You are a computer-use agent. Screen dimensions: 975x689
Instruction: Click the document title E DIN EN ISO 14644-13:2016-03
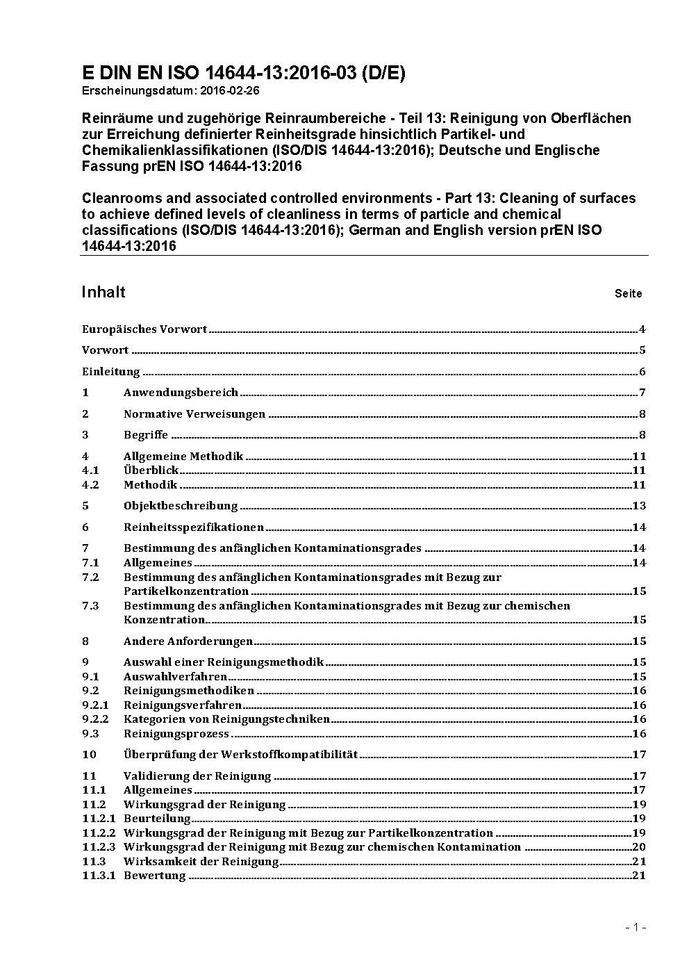(x=243, y=73)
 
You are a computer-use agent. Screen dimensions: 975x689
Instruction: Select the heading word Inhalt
(x=103, y=292)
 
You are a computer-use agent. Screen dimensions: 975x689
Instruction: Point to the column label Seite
(x=628, y=293)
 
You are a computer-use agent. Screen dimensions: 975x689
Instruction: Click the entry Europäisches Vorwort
(x=144, y=329)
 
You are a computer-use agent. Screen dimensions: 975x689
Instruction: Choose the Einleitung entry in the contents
(x=111, y=372)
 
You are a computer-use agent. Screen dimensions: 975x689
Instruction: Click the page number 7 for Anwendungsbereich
(x=642, y=393)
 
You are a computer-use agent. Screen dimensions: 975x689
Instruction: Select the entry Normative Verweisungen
(x=194, y=414)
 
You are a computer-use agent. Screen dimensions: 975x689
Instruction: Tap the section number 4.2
(x=90, y=485)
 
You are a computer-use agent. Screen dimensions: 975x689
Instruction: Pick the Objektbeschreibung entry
(x=181, y=506)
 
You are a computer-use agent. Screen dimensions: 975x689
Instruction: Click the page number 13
(x=639, y=506)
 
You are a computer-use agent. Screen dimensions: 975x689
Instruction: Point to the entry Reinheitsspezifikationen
(x=194, y=527)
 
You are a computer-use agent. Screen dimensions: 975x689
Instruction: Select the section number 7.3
(x=90, y=606)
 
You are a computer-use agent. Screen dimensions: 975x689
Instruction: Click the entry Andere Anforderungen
(x=188, y=641)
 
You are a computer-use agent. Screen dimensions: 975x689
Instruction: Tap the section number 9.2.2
(x=95, y=719)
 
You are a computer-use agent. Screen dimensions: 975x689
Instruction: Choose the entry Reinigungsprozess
(x=176, y=734)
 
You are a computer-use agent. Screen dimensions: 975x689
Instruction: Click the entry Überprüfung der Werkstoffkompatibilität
(x=240, y=755)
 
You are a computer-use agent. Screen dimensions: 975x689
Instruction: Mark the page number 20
(x=639, y=847)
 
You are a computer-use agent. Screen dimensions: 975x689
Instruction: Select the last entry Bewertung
(x=154, y=876)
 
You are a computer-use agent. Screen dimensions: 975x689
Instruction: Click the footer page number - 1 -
(x=636, y=927)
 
